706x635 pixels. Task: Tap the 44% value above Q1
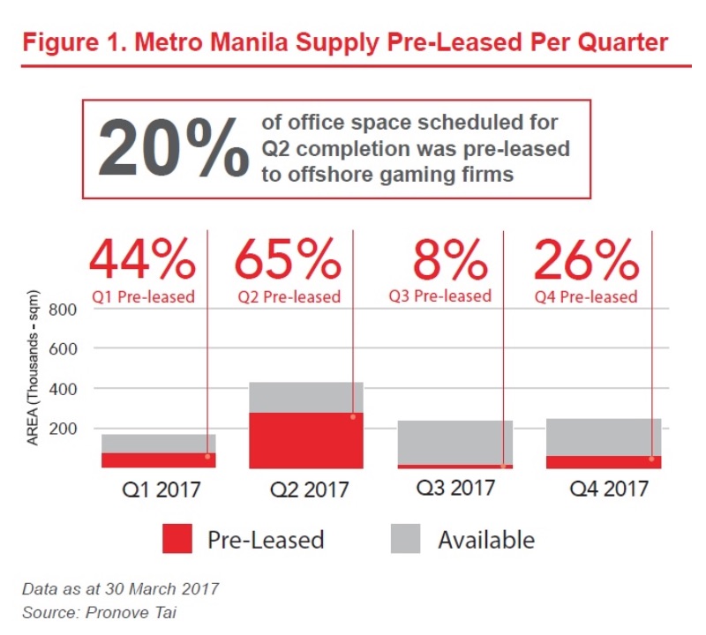pos(141,258)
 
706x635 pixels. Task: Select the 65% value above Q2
pos(288,258)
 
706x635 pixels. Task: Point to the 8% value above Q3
pos(450,258)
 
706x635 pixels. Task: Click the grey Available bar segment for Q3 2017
pos(454,442)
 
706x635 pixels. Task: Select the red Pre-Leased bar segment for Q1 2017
pos(159,459)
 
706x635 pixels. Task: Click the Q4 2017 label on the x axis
pos(604,488)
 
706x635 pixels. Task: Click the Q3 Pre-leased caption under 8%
pos(439,296)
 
